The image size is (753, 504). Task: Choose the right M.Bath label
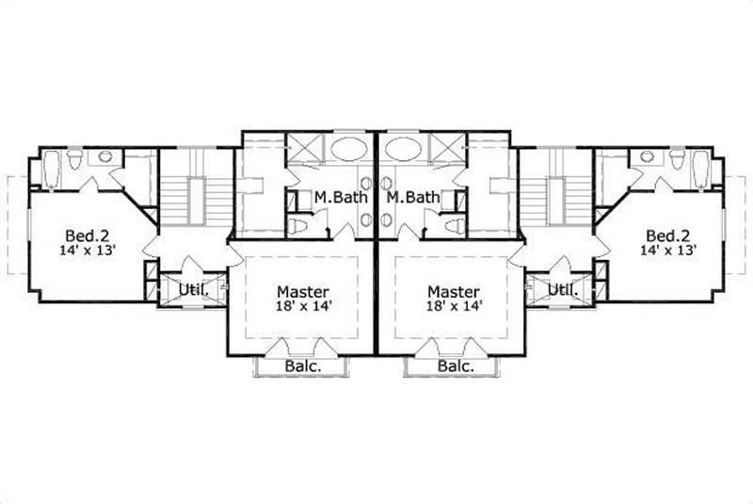point(412,199)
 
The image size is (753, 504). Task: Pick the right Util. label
point(563,289)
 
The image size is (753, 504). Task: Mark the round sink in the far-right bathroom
point(648,156)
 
